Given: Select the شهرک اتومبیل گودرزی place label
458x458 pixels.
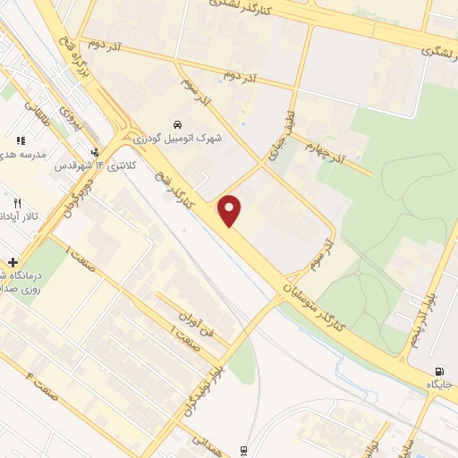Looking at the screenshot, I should [179, 139].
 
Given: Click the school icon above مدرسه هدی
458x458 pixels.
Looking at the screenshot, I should [20, 140].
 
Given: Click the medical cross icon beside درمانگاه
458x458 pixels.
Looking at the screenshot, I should [12, 262].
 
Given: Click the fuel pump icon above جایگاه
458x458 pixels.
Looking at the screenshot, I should [438, 371].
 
